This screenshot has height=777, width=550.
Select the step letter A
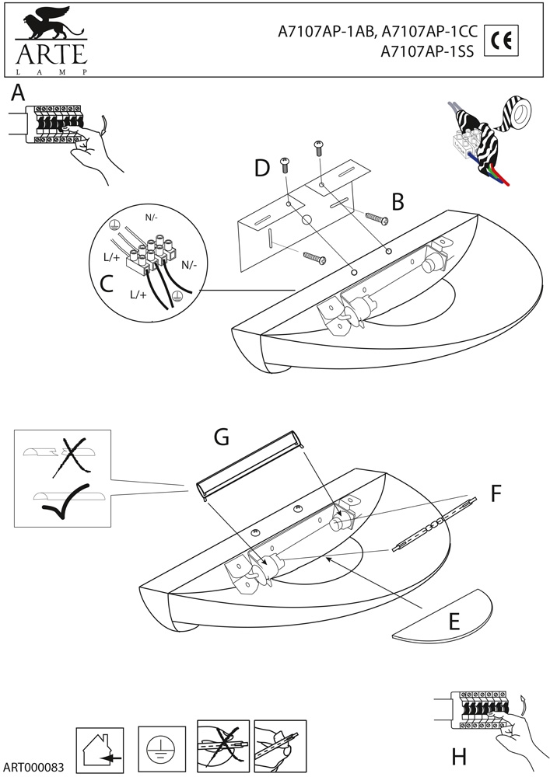tap(19, 94)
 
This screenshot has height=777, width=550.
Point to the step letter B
tap(398, 202)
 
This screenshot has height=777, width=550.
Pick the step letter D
tap(261, 167)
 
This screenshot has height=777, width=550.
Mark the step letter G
tap(222, 438)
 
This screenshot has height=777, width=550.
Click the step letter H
tap(459, 755)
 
